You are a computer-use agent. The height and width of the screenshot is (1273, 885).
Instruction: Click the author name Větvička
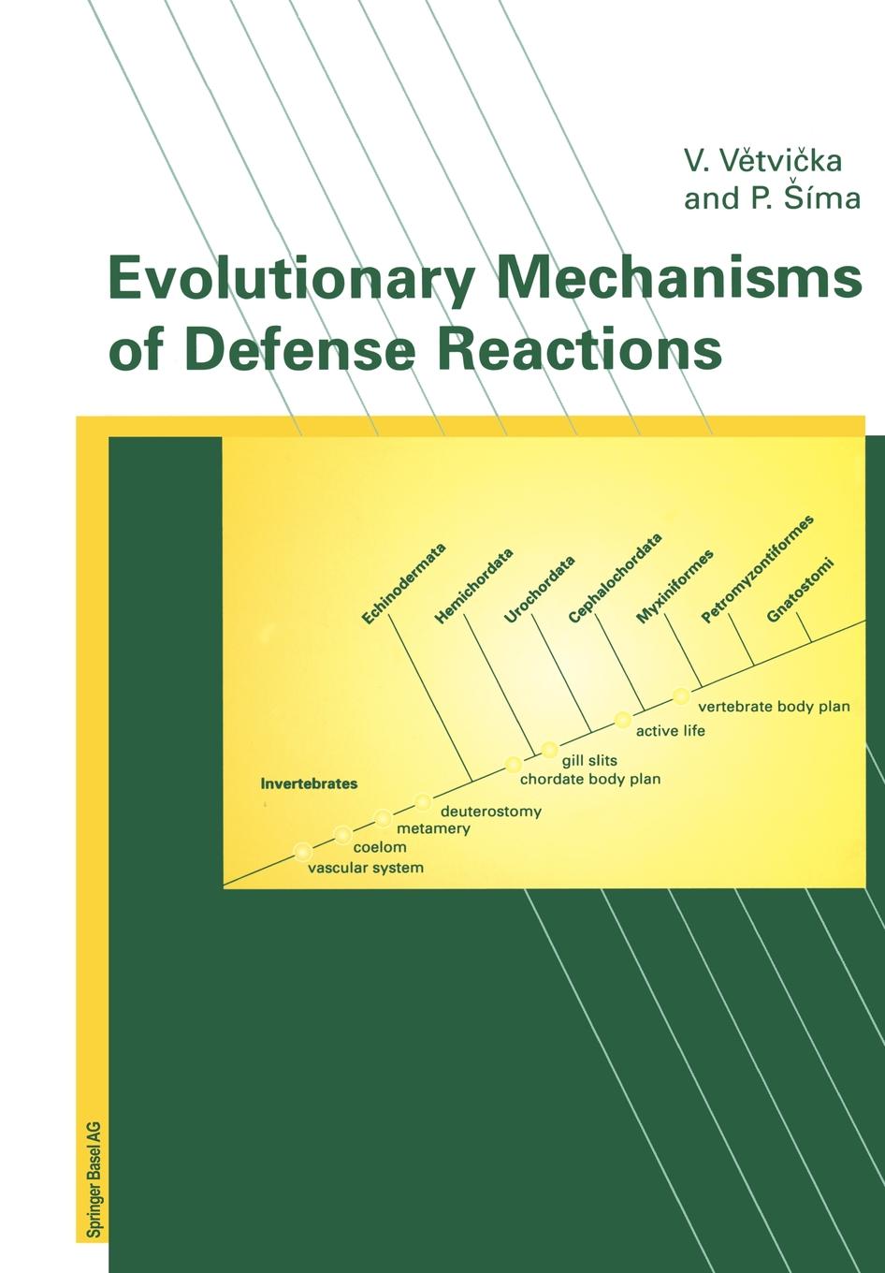click(780, 160)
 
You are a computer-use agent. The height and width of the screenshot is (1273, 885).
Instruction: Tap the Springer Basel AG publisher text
click(94, 1182)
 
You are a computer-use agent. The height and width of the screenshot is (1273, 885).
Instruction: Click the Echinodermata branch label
click(404, 584)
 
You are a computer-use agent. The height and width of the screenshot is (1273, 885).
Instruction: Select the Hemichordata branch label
click(473, 586)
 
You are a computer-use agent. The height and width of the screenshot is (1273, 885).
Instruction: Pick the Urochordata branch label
click(539, 590)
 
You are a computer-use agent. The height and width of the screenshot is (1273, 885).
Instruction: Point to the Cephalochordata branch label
click(616, 578)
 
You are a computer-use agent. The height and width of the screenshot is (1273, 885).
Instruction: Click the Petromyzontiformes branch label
click(757, 569)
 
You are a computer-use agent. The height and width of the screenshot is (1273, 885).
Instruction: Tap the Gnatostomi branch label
click(800, 591)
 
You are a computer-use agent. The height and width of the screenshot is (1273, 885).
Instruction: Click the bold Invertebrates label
click(309, 783)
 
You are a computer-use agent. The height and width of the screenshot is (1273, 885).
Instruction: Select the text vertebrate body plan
click(774, 707)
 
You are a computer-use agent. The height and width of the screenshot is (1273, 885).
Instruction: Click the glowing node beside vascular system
click(303, 852)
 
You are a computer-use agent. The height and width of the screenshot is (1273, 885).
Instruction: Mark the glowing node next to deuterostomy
click(423, 802)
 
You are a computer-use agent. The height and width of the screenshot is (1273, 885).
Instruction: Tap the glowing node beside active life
click(623, 720)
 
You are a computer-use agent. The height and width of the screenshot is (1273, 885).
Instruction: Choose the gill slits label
click(589, 760)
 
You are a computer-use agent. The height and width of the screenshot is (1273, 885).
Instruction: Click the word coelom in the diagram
click(380, 847)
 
